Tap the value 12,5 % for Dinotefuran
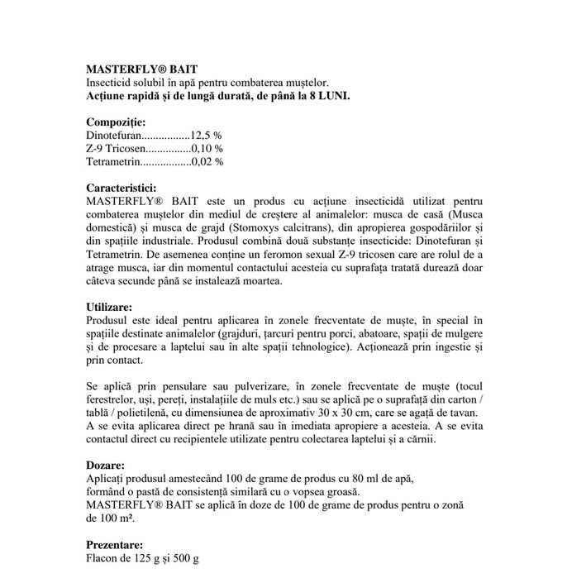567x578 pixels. click(206, 135)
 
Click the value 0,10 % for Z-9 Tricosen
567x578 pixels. click(207, 148)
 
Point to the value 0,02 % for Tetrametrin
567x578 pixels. click(207, 161)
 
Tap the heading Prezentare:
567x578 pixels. click(115, 545)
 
